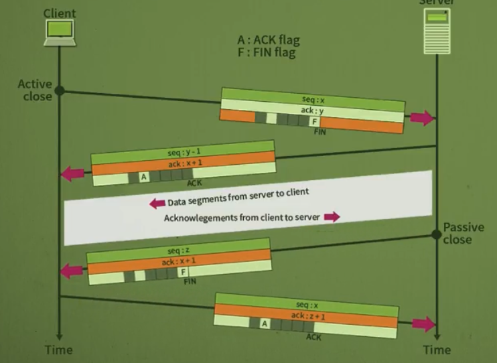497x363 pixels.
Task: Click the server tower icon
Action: [436, 33]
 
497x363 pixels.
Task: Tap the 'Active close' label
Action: [35, 90]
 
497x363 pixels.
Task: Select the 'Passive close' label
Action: [464, 234]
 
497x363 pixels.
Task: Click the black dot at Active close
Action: [59, 90]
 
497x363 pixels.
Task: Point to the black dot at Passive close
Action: [437, 234]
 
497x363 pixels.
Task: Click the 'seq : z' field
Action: [178, 250]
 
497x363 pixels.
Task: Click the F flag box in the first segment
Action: [313, 122]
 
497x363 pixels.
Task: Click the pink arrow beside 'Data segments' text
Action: [157, 203]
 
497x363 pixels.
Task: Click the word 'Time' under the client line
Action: [58, 350]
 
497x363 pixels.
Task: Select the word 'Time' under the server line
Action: [437, 350]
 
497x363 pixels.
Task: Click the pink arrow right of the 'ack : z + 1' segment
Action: [423, 324]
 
